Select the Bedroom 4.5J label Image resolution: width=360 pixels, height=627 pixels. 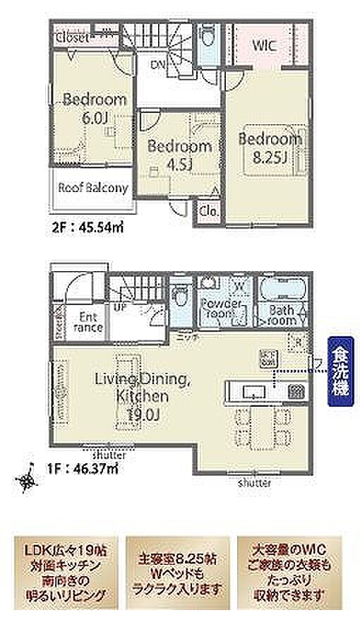coord(179,155)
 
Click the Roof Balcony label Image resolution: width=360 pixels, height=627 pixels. coord(92,188)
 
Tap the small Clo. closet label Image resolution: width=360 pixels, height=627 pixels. coord(208,210)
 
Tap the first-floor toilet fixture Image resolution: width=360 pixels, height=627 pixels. coord(180,294)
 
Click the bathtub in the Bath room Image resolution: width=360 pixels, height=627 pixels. coord(282,289)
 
